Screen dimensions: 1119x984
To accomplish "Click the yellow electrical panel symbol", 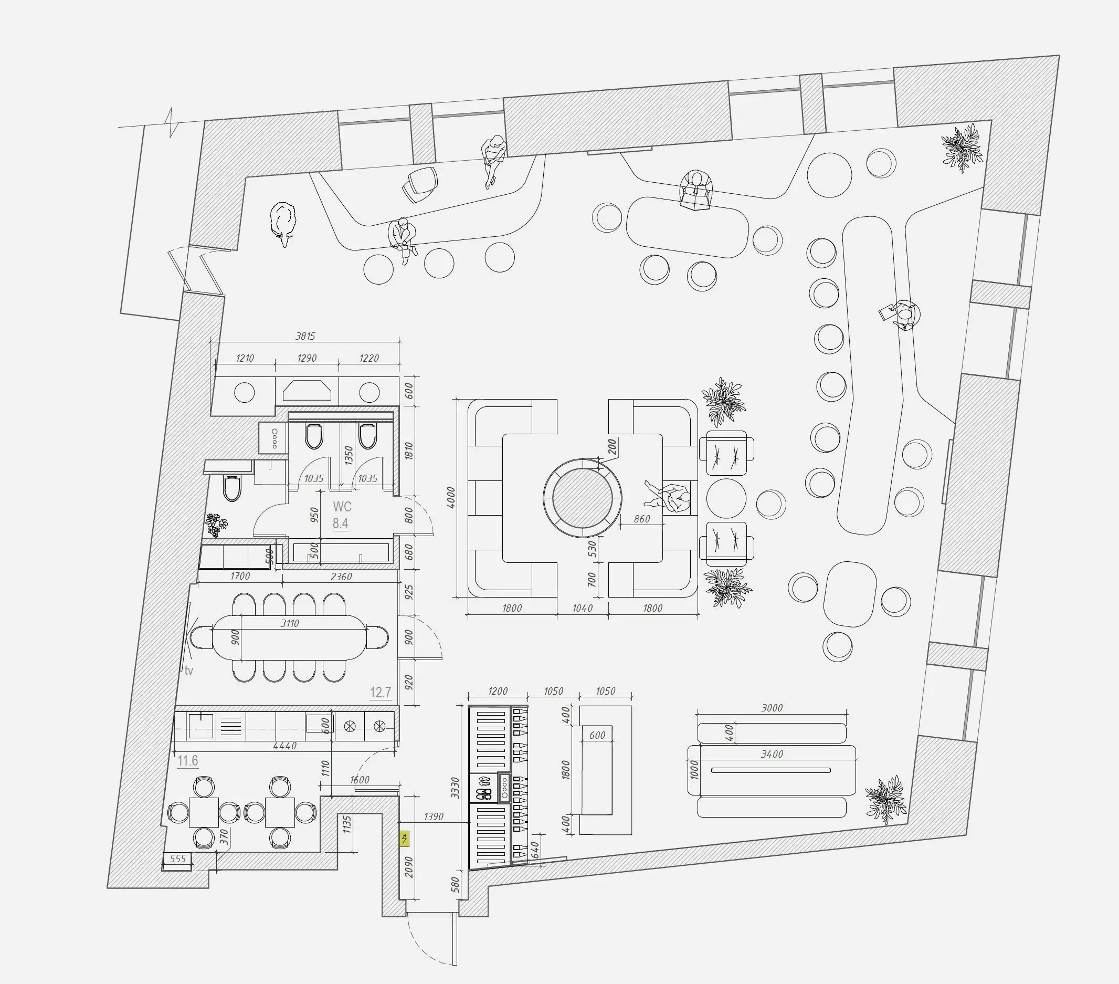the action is tap(405, 839).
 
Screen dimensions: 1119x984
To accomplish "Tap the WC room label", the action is tap(342, 507).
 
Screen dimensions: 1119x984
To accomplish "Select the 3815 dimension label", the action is tap(305, 336).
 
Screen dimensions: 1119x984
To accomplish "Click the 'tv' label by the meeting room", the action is tap(189, 670).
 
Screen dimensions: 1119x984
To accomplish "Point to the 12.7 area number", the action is tap(381, 693).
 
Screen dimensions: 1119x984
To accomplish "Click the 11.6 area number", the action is tap(188, 761).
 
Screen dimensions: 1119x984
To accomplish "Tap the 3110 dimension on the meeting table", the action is tap(290, 623).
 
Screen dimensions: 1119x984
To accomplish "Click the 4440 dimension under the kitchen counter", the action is tap(284, 746).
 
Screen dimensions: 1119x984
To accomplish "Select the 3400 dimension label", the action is tap(772, 754).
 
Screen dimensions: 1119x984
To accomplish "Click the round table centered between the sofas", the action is tap(582, 498).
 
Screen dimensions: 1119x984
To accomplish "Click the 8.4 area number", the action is tap(341, 524).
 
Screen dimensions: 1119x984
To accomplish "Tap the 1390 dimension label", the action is tap(434, 816).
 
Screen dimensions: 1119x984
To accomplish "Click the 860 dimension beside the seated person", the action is tap(641, 519).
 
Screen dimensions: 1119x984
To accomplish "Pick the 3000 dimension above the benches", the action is tap(772, 708).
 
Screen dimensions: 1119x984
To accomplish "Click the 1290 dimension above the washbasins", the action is tap(307, 358).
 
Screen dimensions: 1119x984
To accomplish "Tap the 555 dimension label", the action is tap(178, 859).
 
